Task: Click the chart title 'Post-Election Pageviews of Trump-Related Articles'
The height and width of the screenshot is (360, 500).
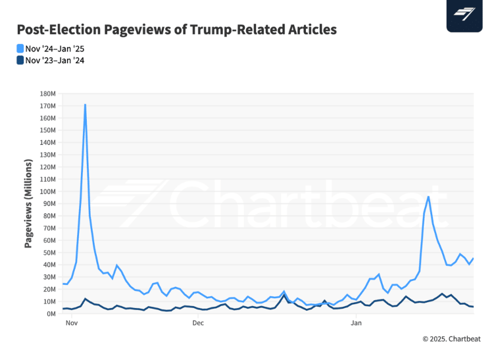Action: [176, 30]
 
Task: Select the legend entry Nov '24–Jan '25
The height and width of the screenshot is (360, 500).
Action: [55, 48]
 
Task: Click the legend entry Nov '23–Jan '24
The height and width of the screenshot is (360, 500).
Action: [55, 61]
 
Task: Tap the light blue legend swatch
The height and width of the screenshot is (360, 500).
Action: [20, 48]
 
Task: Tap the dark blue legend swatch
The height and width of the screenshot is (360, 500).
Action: [20, 61]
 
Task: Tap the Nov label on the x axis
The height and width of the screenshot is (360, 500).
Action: [72, 324]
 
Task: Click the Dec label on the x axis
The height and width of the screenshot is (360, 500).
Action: [198, 324]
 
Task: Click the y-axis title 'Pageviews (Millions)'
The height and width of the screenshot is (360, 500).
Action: [28, 203]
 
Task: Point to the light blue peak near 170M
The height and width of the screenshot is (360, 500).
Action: [86, 105]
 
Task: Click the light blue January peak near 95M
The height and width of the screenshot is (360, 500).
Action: [428, 197]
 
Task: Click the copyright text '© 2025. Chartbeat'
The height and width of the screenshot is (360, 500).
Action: [451, 339]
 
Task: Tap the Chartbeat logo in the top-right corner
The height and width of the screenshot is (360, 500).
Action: [464, 14]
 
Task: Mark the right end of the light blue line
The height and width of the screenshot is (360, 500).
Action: [474, 258]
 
